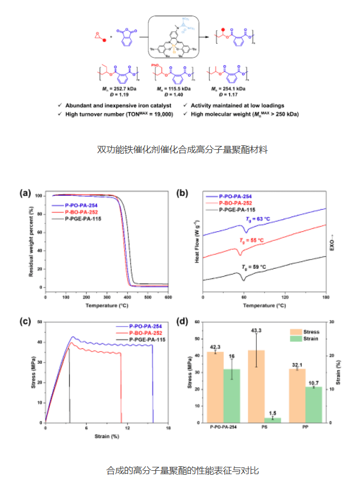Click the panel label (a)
pos(25,193)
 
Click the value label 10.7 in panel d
pos(314,383)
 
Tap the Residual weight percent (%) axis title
pos(30,241)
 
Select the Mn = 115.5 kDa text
pos(171,89)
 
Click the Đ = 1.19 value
pos(117,95)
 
